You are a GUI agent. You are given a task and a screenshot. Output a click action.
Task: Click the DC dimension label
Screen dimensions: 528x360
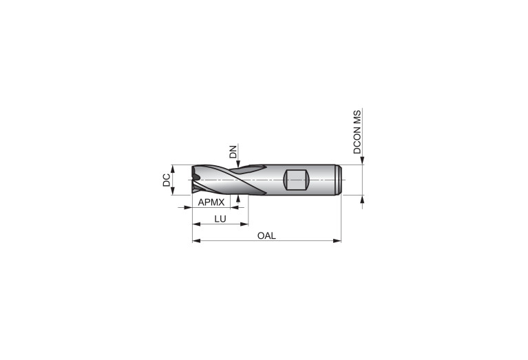tap(167, 180)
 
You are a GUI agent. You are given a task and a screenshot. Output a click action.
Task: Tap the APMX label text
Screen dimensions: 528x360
tap(211, 202)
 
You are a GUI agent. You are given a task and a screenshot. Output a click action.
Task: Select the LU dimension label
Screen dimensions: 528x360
tap(220, 219)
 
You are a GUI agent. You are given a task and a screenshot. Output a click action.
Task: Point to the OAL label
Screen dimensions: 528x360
tap(266, 235)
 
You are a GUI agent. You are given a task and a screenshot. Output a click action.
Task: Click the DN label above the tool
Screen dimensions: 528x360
tap(233, 151)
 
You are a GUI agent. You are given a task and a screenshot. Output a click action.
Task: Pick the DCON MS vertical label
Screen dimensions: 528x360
tap(357, 132)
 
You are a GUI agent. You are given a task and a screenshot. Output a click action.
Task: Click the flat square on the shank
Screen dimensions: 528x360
tap(296, 180)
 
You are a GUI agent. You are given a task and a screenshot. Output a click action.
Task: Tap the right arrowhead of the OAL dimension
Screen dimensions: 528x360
tap(337, 241)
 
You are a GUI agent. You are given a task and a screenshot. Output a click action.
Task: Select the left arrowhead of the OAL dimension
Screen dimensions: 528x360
tap(196, 241)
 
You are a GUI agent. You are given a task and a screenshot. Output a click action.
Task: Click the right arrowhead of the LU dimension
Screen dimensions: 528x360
tap(244, 224)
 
